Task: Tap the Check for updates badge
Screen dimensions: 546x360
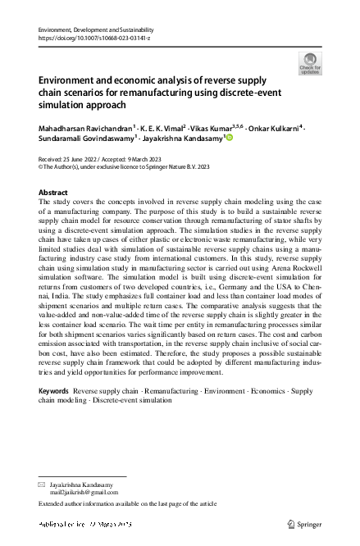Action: point(311,63)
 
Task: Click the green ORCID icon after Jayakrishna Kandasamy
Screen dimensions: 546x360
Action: point(229,139)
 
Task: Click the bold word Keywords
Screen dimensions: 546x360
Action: point(54,393)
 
